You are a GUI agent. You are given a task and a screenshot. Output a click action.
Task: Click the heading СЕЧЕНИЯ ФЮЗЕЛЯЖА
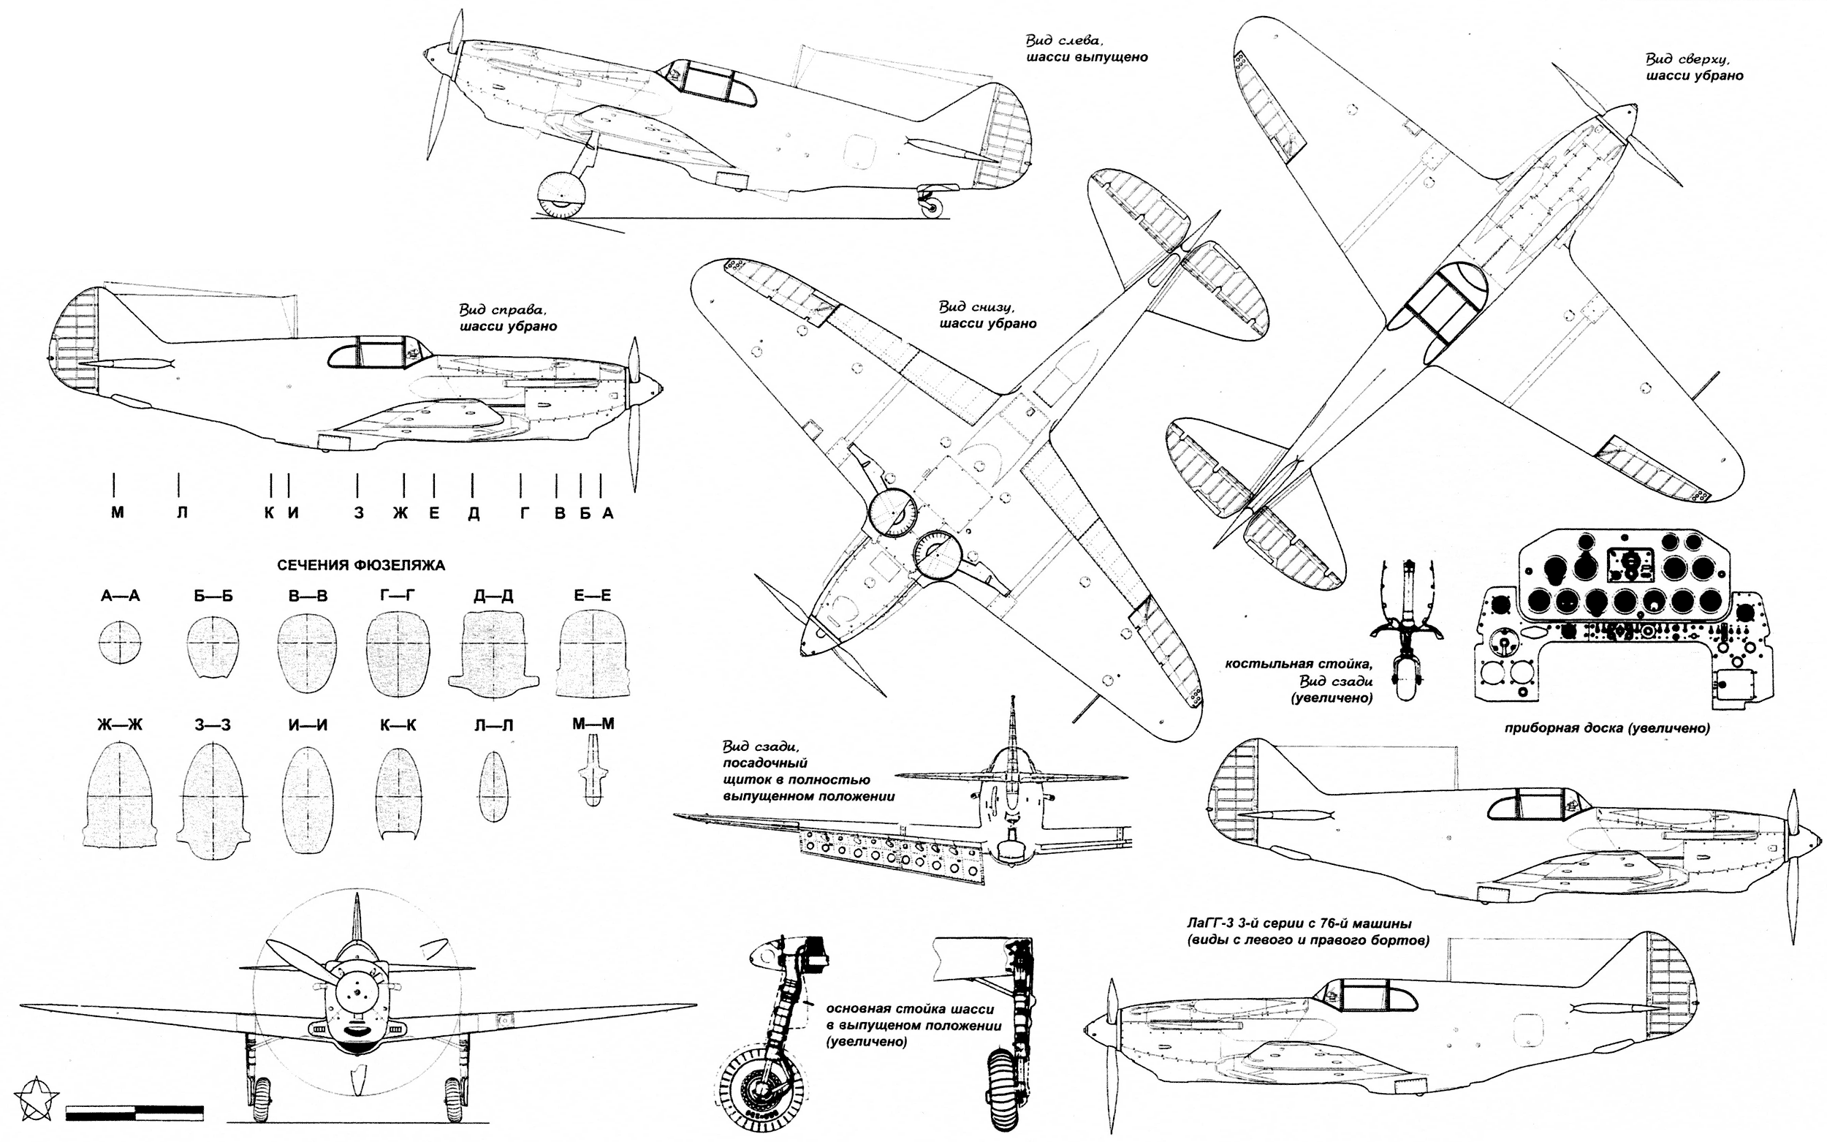pos(361,565)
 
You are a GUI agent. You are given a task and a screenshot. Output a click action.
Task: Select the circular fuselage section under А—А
pos(120,643)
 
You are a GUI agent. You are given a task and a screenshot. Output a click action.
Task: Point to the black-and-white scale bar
pos(134,1112)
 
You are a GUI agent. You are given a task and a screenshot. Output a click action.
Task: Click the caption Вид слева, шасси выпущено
pos(1087,48)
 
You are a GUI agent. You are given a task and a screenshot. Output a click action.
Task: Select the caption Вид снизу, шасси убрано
pos(987,315)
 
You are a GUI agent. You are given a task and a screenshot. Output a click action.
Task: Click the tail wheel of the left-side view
pos(934,208)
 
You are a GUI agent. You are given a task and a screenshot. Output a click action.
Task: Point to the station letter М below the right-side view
pos(117,513)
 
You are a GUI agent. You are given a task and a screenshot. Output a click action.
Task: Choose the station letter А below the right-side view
pos(608,513)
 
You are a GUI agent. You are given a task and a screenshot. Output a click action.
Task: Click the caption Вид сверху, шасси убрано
pos(1694,67)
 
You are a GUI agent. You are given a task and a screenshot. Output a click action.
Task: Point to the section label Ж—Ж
pos(119,725)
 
